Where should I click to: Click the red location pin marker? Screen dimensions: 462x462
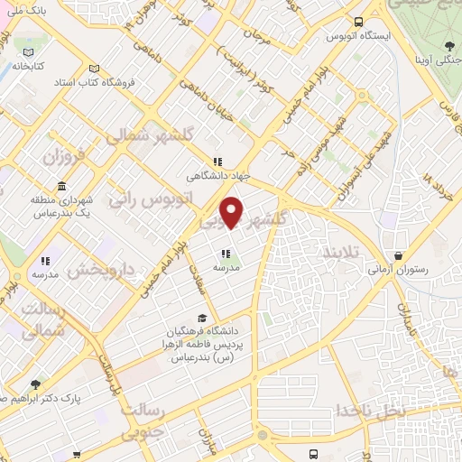233,211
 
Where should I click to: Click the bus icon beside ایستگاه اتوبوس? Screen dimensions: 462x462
358,23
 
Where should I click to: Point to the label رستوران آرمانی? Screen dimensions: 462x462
402,269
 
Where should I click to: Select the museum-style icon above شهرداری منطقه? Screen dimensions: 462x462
61,187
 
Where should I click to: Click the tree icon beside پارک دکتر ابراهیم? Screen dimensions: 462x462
34,385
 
